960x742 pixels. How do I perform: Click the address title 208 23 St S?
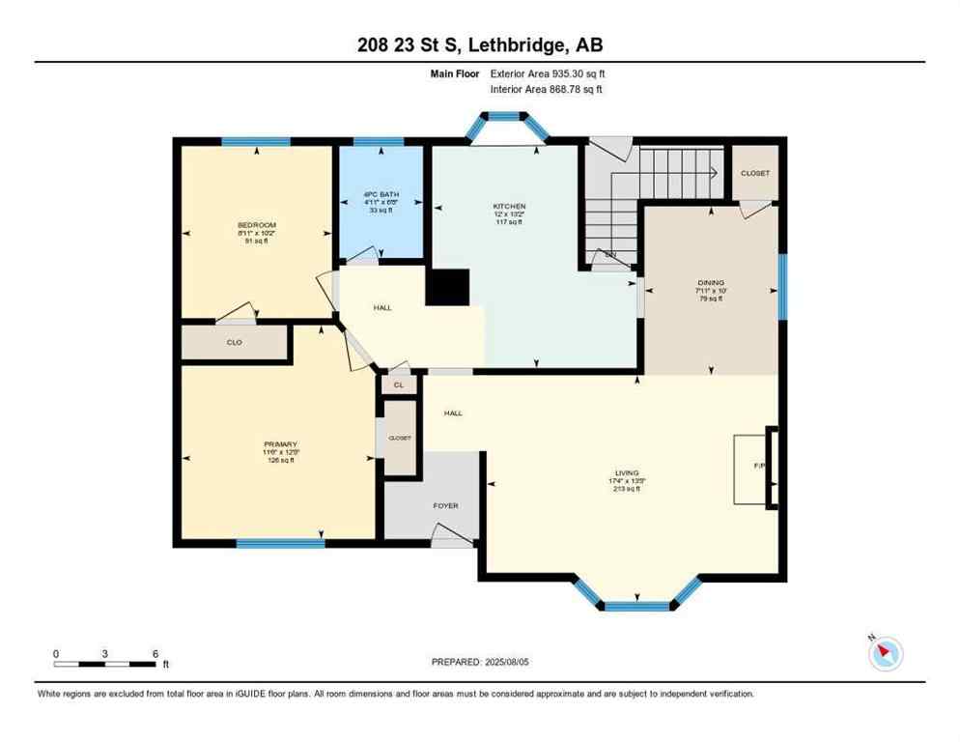pos(479,45)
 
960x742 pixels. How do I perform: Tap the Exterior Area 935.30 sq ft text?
pos(548,73)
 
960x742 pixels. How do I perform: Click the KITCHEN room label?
pos(509,207)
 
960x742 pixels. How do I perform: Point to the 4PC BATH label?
pos(379,194)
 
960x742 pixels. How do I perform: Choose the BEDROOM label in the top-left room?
pos(257,225)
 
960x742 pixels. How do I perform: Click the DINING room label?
pos(710,283)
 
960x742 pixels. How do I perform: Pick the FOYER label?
pos(445,505)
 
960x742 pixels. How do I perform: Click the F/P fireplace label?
pos(759,467)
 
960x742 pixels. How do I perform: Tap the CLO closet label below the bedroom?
pos(234,342)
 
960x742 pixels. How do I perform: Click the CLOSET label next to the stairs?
pos(755,173)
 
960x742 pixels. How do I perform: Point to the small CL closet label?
pos(398,385)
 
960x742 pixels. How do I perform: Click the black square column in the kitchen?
pos(447,287)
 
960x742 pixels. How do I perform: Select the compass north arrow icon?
pos(884,653)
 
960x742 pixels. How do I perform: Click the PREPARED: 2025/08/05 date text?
pos(480,662)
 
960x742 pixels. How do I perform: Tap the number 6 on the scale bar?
pos(155,653)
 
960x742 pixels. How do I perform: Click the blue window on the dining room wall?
pos(782,286)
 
